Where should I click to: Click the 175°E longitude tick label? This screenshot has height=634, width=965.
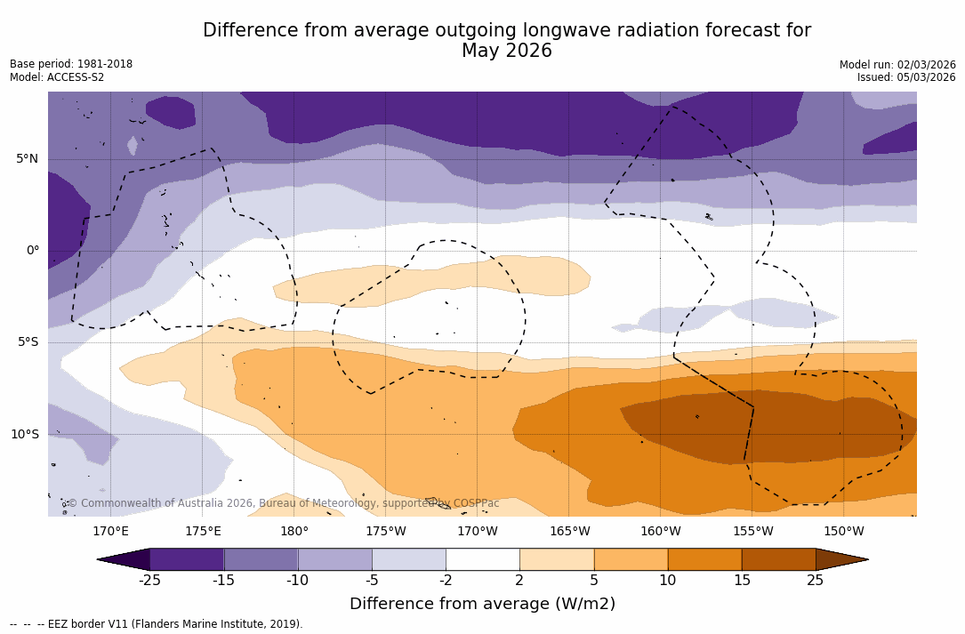coord(203,532)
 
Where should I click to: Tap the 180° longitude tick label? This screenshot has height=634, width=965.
coord(294,532)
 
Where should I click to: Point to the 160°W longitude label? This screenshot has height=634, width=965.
coord(661,532)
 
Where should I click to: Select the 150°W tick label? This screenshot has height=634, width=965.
coord(844,532)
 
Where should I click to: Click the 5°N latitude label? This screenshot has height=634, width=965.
coord(27,159)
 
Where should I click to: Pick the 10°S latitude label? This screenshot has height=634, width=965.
coord(24,435)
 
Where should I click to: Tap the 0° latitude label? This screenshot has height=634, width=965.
coord(32,251)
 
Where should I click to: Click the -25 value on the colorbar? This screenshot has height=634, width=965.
coord(149,581)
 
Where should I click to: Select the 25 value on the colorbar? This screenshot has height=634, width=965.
coord(815,581)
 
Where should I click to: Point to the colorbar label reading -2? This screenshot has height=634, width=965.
coord(446,581)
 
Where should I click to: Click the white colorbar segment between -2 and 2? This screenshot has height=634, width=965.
coord(483,559)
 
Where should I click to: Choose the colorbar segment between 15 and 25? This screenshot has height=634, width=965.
coord(778,559)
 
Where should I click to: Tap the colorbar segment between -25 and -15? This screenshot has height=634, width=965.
coord(187,559)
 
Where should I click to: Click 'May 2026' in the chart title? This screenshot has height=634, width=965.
coord(507,52)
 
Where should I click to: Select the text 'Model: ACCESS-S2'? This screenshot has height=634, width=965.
coord(57,77)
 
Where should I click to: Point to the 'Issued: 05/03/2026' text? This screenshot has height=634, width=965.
coord(906,77)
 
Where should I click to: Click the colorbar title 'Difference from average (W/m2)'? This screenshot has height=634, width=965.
coord(482,604)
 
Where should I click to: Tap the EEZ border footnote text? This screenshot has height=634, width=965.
coord(157,624)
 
